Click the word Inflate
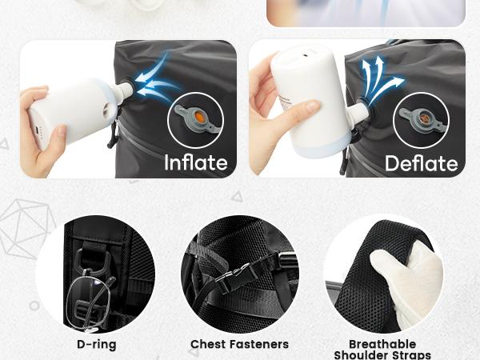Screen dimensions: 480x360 [196, 162]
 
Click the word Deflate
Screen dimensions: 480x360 [422, 163]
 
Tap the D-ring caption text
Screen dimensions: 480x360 [97, 344]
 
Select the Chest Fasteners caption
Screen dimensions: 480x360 [239, 344]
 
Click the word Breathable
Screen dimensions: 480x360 [382, 344]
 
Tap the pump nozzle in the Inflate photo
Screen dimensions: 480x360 [122, 90]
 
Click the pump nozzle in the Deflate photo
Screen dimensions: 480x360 [358, 111]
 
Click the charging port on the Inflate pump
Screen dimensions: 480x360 [37, 130]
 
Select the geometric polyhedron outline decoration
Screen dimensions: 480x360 [26, 228]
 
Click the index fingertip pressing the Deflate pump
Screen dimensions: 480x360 [312, 106]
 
